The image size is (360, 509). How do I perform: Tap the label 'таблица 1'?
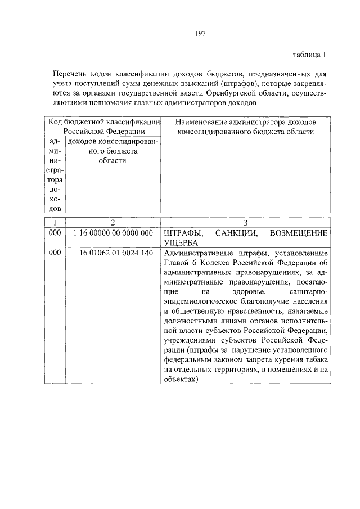309,55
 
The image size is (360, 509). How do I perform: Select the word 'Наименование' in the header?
200,122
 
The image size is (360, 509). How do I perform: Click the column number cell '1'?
55,223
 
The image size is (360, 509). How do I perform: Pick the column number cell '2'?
112,223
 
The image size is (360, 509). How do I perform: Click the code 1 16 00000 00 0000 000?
112,232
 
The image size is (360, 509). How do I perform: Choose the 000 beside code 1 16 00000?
55,232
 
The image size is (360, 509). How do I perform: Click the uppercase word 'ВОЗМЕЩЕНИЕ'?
299,232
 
